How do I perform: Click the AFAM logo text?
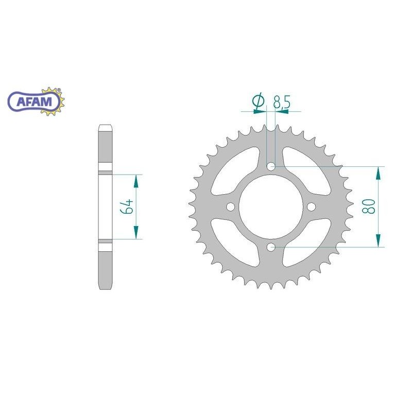(x=34, y=101)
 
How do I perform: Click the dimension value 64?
(x=127, y=207)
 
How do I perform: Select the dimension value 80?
(x=368, y=207)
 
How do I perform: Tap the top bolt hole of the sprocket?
(x=271, y=166)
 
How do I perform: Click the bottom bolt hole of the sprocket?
(x=271, y=247)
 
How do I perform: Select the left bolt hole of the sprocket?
(x=230, y=207)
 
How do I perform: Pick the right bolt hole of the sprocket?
(x=311, y=207)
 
